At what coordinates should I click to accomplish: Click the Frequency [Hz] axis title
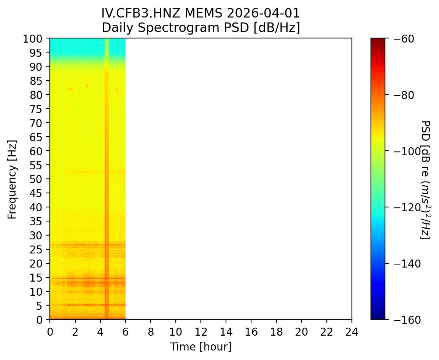[x=13, y=179]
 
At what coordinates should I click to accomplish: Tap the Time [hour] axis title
[x=200, y=347]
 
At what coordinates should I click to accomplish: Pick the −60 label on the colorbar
[x=401, y=38]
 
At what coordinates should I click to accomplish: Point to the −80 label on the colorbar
[x=401, y=95]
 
